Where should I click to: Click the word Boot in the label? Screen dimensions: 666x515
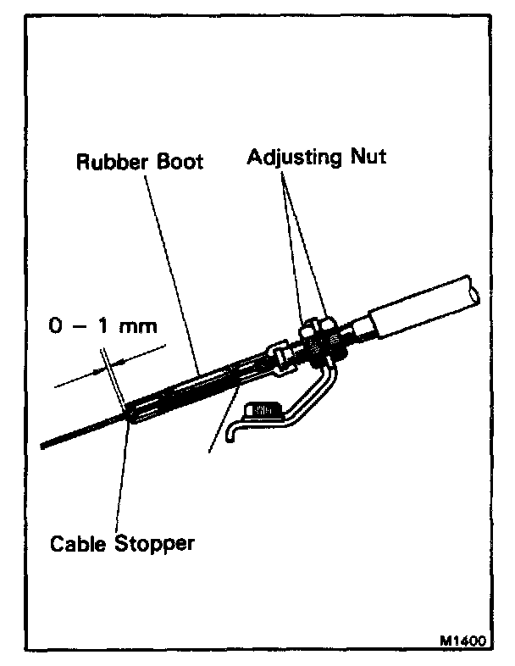click(175, 161)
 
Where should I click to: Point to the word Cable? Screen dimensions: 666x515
click(74, 543)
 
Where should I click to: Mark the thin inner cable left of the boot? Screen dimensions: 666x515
click(76, 434)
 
